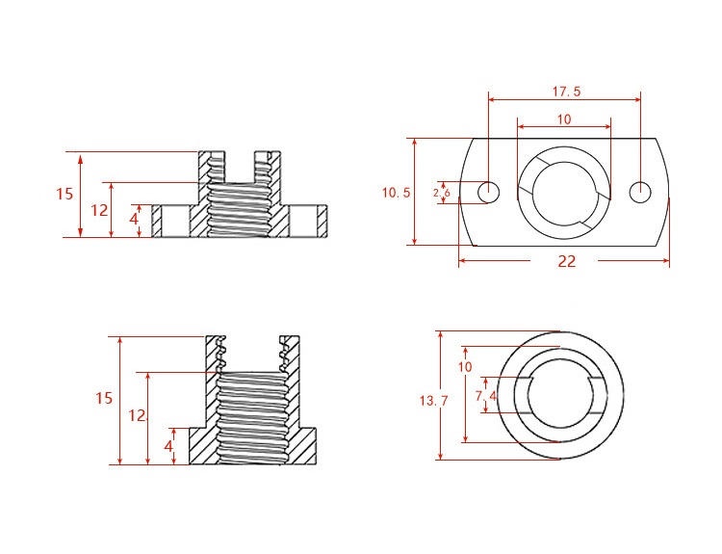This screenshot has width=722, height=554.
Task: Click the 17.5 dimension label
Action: [x=566, y=92]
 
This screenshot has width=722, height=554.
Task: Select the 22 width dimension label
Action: [x=566, y=261]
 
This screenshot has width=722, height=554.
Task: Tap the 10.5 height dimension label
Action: [x=396, y=193]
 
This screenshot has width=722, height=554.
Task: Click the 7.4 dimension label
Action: [x=486, y=395]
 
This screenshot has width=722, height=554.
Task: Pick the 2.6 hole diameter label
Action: [x=442, y=193]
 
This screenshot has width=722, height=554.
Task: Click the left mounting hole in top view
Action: [x=488, y=193]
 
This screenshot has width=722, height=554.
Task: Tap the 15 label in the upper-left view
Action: [x=64, y=194]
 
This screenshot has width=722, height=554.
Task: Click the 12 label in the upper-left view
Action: [x=99, y=210]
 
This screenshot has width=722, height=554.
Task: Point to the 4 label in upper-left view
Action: [x=133, y=220]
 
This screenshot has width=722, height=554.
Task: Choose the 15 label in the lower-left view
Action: [x=104, y=398]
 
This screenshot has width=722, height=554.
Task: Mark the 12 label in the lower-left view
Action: [x=136, y=415]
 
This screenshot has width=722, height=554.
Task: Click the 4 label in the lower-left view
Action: [x=168, y=446]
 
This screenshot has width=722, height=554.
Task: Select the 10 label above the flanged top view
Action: [x=564, y=119]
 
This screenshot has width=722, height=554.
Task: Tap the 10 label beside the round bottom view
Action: [x=465, y=367]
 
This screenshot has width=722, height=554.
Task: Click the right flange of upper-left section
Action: [x=307, y=221]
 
